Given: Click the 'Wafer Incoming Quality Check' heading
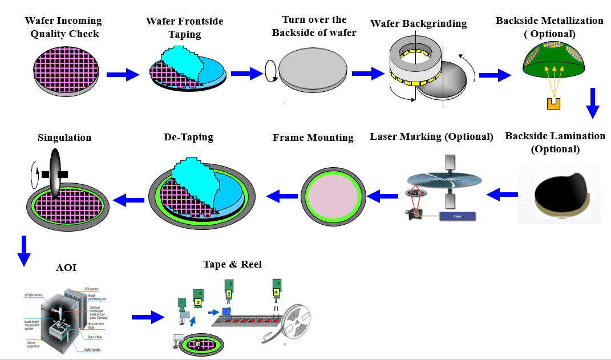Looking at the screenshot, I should click(63, 27).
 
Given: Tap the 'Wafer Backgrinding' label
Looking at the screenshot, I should click(418, 23).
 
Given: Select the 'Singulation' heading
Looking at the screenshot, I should click(64, 137).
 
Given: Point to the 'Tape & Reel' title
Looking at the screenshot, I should click(232, 264).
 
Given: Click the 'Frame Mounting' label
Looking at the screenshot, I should click(313, 137).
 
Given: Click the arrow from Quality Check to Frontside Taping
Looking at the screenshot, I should click(123, 74).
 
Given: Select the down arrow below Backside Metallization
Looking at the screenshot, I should click(593, 103).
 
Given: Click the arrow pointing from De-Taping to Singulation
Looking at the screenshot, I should click(129, 200).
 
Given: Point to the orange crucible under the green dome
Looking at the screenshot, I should click(553, 103).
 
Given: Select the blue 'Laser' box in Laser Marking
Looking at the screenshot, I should click(458, 216).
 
